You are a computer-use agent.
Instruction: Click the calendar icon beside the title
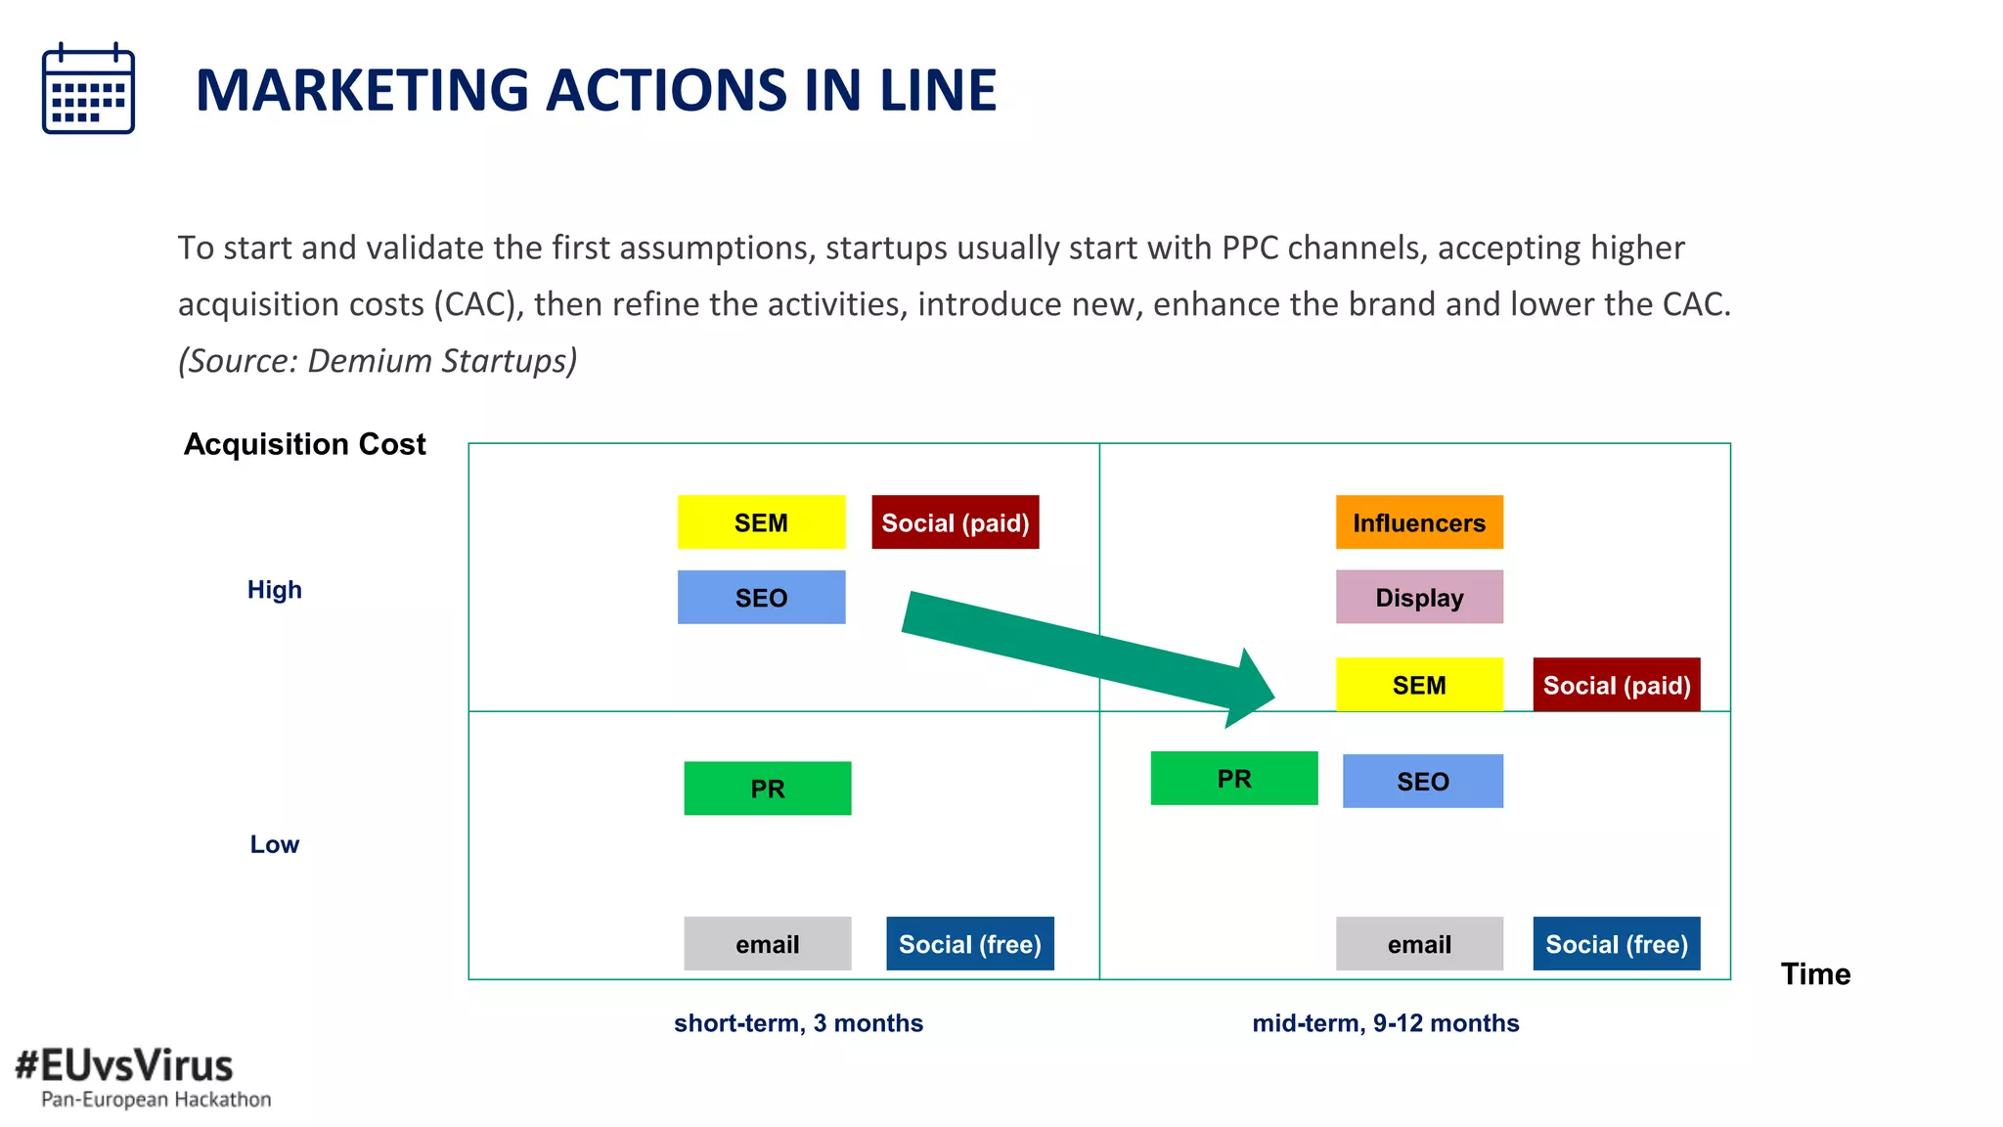(88, 88)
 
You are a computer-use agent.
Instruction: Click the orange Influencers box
(1419, 522)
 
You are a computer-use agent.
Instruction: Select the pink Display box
(1419, 598)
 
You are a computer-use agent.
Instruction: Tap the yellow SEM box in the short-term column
(761, 522)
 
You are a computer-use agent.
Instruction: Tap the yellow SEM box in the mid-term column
(1419, 685)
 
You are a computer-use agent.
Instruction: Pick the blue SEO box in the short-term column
(761, 598)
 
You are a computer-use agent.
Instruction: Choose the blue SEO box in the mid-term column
(1422, 782)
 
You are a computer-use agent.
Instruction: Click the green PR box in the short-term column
(767, 789)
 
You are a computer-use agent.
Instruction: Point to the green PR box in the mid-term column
(1233, 779)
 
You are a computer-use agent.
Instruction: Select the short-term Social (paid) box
(955, 522)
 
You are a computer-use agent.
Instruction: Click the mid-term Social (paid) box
(1616, 685)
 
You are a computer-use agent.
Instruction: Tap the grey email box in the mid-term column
(1419, 944)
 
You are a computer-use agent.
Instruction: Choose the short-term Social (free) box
(969, 944)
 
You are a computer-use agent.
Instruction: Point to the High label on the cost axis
(274, 590)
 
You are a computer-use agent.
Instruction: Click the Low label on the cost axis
(274, 844)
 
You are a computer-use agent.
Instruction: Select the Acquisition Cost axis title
(304, 444)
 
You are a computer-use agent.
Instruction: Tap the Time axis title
(1815, 974)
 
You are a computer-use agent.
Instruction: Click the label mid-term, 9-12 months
(1385, 1023)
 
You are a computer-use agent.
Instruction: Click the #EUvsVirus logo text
(124, 1065)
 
